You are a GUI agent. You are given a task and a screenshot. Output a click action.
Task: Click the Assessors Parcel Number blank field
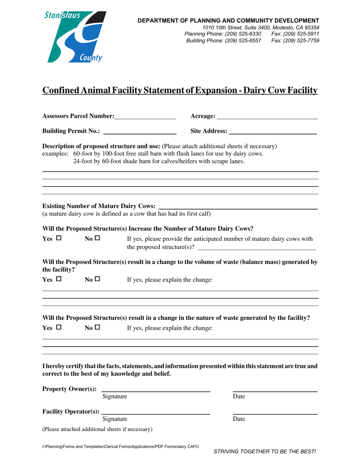tap(145, 116)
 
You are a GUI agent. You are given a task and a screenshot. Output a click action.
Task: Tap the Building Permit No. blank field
tap(140, 131)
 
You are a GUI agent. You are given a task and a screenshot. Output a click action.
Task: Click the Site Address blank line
tap(272, 131)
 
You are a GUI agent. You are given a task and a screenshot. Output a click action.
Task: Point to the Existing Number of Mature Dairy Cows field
tap(238, 206)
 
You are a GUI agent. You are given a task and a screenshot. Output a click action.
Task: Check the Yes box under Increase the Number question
tap(58, 239)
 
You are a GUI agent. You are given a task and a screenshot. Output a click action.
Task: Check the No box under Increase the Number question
tap(97, 239)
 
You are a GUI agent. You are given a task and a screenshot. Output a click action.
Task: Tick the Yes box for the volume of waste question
tap(58, 280)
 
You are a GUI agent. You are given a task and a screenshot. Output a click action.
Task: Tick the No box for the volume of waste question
tap(97, 280)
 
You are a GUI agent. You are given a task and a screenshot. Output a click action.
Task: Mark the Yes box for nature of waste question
tap(58, 328)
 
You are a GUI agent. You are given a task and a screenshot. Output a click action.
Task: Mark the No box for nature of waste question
tap(97, 328)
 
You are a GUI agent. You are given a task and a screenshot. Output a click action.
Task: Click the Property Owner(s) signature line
tap(156, 389)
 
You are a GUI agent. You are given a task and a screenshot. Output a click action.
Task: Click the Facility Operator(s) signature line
tap(156, 411)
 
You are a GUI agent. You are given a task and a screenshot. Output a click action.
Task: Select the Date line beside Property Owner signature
tap(275, 389)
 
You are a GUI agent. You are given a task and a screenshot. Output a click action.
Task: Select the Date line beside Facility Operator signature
tap(275, 411)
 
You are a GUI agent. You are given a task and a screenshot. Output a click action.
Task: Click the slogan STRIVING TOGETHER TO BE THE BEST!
tap(265, 451)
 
